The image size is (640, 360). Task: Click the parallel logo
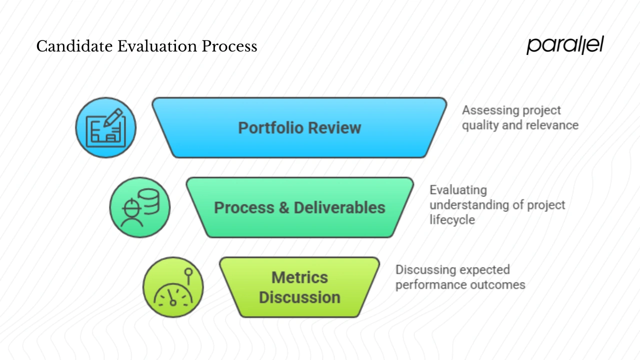coord(565,45)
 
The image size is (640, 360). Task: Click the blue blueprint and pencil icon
coord(105,127)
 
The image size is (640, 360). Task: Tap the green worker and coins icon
coord(139,207)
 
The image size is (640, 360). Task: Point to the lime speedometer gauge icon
coord(173,287)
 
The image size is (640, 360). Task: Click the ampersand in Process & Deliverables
coord(284,207)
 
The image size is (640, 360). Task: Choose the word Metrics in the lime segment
coord(299,277)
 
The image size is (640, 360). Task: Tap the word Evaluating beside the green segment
coord(458,190)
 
